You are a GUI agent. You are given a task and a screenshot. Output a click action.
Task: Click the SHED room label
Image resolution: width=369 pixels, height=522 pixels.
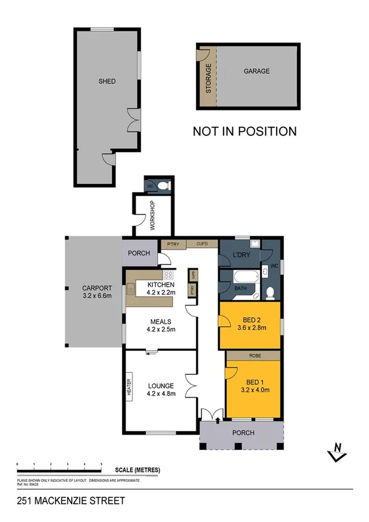[x=107, y=81]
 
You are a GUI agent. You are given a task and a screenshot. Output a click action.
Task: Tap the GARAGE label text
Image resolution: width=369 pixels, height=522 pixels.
[x=256, y=71]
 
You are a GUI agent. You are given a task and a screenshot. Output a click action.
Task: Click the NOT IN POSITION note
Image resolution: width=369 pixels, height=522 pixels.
[x=245, y=131]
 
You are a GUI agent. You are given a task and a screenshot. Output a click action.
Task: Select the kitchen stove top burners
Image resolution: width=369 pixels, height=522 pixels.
[x=168, y=275]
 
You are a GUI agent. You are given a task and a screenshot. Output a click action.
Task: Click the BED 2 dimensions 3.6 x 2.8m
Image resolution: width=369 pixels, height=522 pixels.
[x=253, y=328]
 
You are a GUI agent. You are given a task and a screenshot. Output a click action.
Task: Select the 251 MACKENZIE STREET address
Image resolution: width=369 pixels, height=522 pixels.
[x=70, y=501]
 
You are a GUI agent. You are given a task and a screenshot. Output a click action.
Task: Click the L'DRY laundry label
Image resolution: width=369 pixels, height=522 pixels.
[x=240, y=255]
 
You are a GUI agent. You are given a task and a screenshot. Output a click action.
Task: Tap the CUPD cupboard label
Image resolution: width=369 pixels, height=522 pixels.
[x=203, y=244]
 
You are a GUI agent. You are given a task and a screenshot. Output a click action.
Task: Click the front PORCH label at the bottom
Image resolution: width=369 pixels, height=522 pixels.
[x=243, y=433]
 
